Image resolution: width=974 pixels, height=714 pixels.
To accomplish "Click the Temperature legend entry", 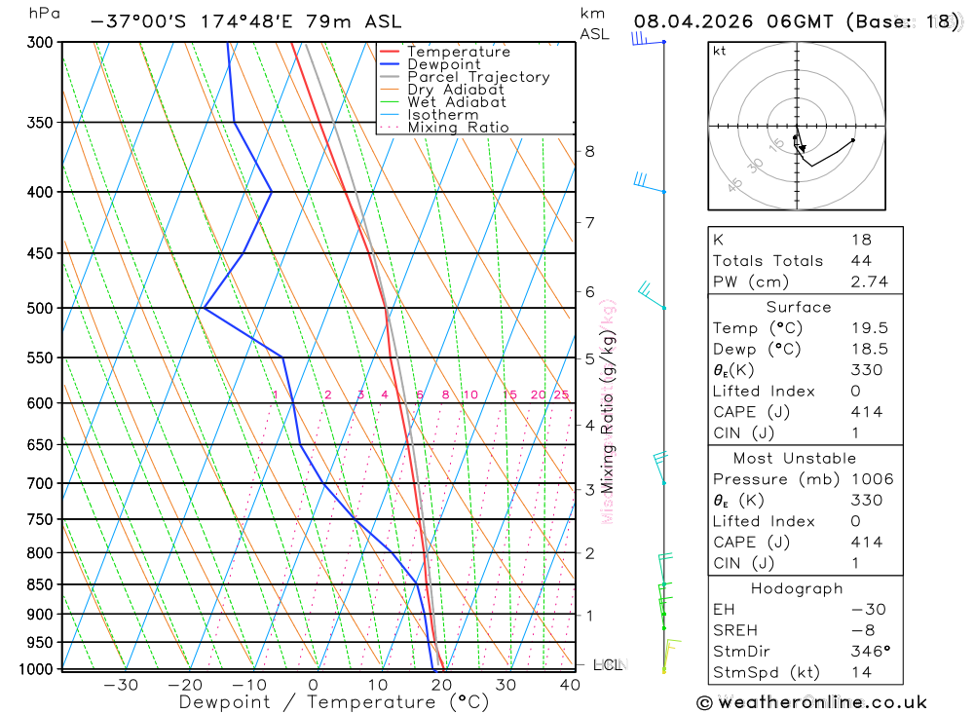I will click(x=458, y=52).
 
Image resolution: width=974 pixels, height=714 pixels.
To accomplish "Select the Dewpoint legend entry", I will click(x=443, y=64).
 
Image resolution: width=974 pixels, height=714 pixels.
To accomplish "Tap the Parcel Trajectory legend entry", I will click(x=478, y=77).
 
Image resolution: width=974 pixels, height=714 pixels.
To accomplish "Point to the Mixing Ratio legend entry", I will click(x=458, y=128).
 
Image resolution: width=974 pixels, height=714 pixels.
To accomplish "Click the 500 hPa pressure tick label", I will click(x=41, y=309).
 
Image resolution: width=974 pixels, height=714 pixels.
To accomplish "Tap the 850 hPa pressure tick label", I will click(x=41, y=584).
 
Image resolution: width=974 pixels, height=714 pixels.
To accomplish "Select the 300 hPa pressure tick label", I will click(x=41, y=43).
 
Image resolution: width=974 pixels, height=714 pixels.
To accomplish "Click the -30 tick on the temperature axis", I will click(x=121, y=685).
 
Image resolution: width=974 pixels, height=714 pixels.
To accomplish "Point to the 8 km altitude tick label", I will click(x=589, y=151).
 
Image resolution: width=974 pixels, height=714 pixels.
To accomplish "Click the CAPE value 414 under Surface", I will click(x=866, y=412).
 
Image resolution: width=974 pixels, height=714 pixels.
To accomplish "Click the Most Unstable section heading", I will click(x=795, y=458).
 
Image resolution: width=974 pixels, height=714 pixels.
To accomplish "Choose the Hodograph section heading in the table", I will click(x=797, y=588).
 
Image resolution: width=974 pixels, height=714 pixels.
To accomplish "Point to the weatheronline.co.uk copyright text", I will click(x=811, y=702).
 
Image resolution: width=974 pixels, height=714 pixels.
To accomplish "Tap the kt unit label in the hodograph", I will click(x=720, y=52).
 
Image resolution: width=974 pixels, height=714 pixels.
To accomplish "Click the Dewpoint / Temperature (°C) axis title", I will click(x=334, y=701).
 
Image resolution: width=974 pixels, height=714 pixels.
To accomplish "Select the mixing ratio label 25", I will click(x=561, y=395).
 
